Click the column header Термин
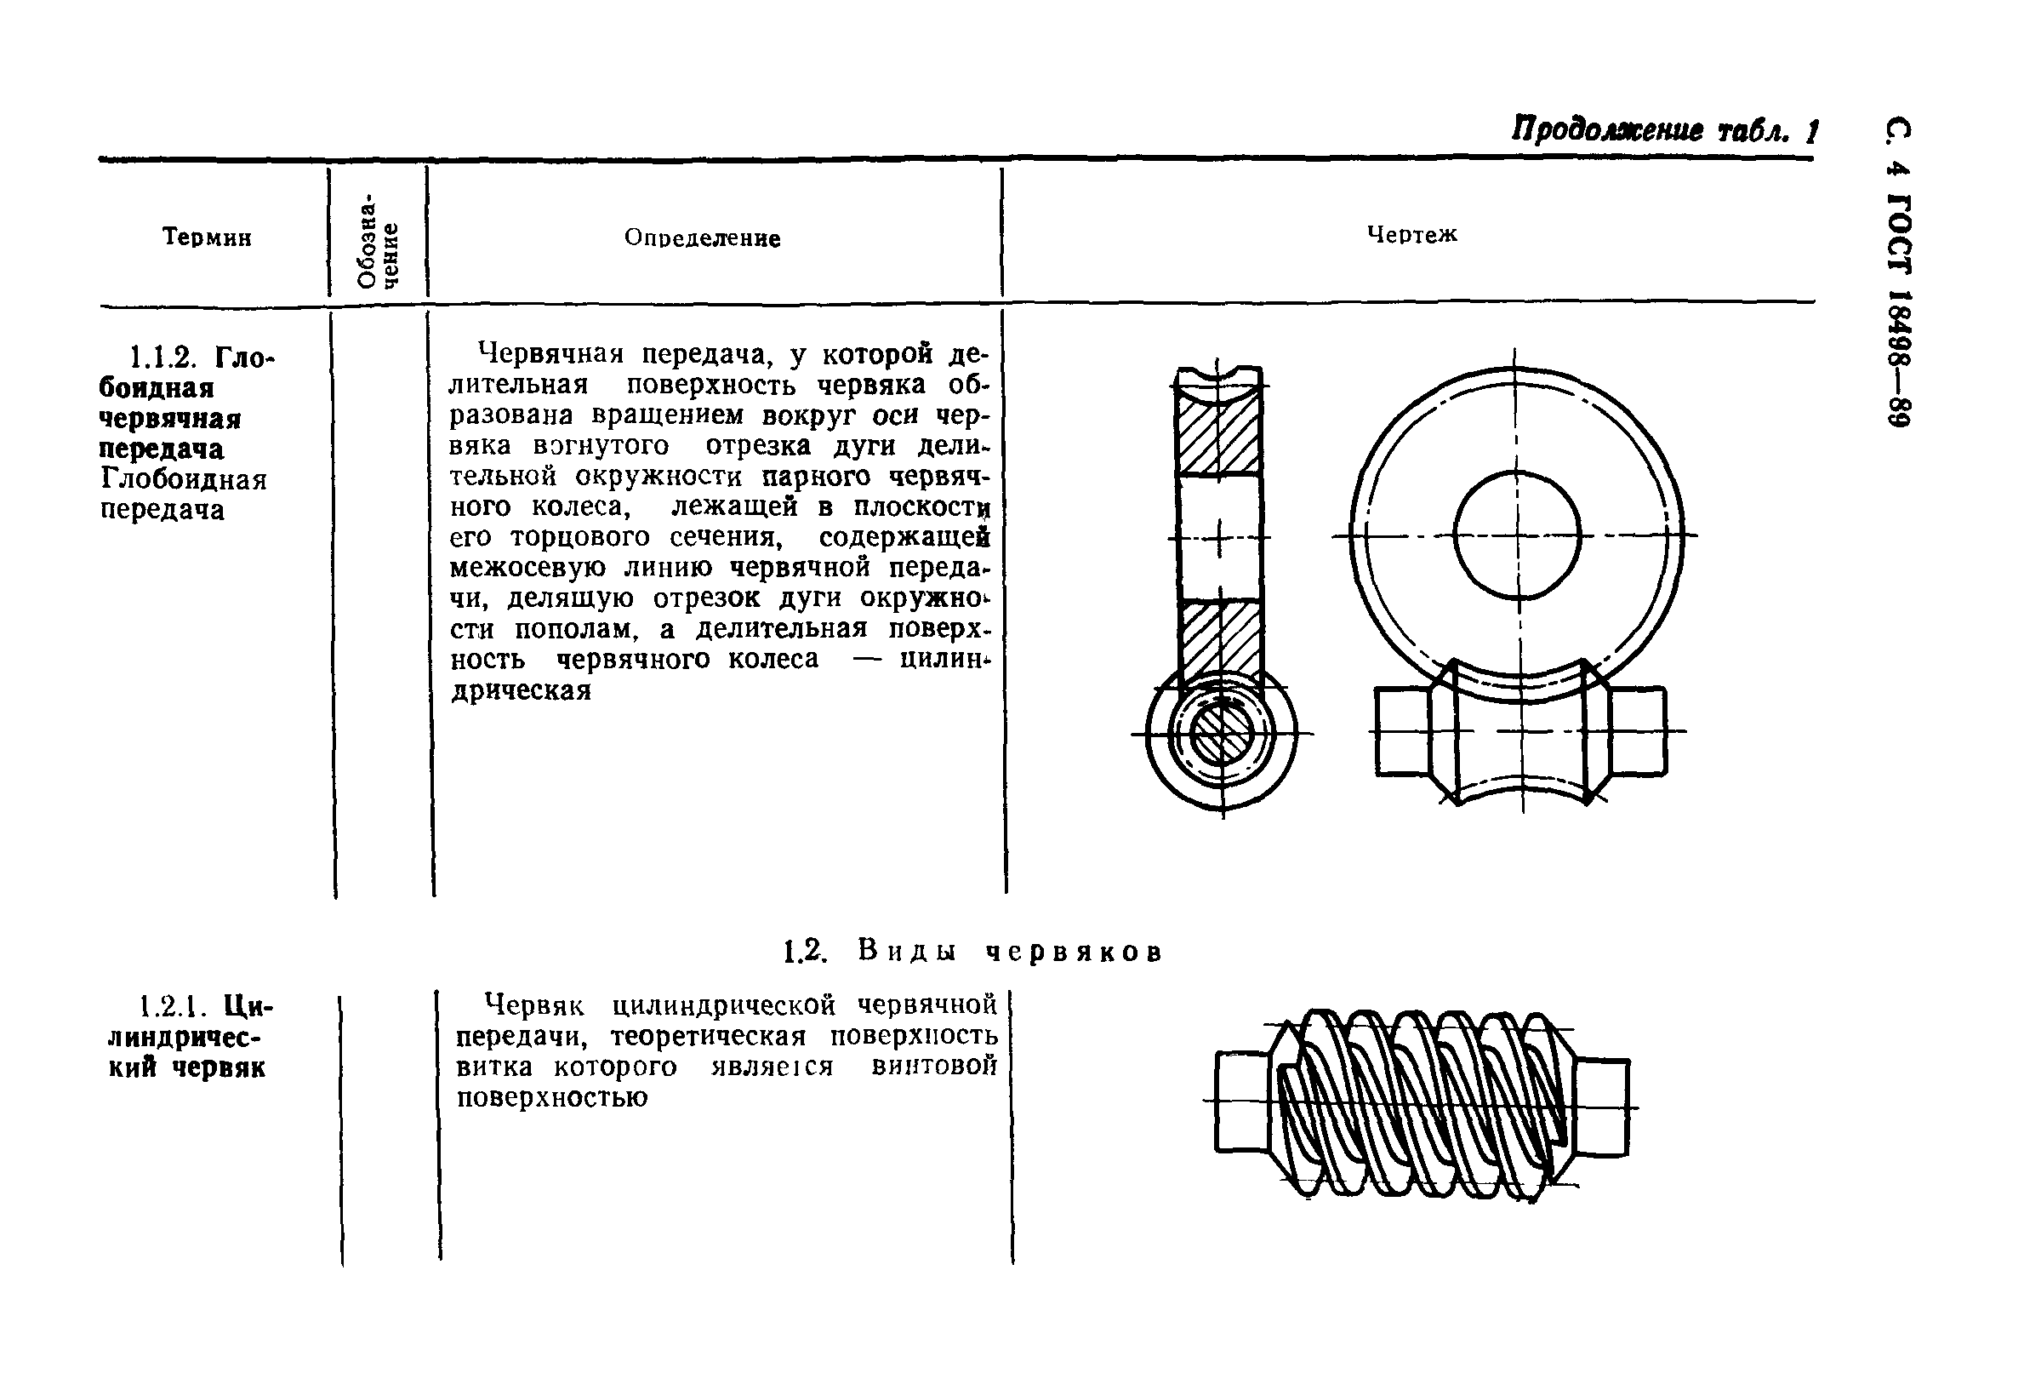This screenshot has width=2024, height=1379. pyautogui.click(x=208, y=237)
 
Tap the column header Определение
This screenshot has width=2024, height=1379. pyautogui.click(x=702, y=237)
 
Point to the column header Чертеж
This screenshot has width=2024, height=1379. pyautogui.click(x=1411, y=234)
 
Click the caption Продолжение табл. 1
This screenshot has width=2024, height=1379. pyautogui.click(x=1663, y=132)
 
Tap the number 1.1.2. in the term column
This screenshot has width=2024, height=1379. pyautogui.click(x=165, y=358)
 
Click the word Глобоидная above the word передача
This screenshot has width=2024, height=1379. pyautogui.click(x=183, y=480)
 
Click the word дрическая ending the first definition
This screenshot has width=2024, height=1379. pyautogui.click(x=521, y=691)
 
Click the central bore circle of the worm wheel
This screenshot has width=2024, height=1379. pyautogui.click(x=1516, y=535)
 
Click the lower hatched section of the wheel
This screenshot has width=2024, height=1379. pyautogui.click(x=1219, y=643)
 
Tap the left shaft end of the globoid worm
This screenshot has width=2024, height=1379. pyautogui.click(x=1401, y=731)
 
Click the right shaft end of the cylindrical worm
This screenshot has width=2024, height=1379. pyautogui.click(x=1600, y=1107)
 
